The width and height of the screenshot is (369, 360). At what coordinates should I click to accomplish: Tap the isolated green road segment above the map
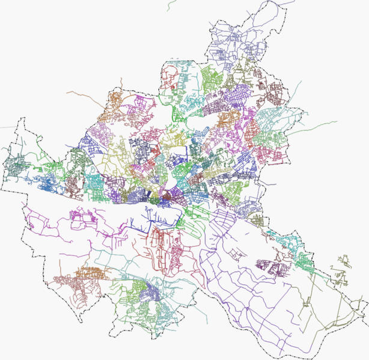[170, 5]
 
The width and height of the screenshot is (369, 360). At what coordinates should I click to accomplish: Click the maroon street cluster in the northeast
[273, 93]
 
